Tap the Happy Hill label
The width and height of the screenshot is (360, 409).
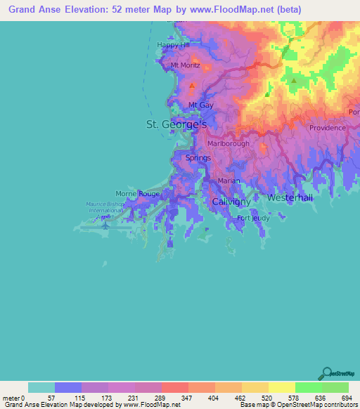[x=174, y=45]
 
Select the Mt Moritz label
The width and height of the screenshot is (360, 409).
[x=186, y=65]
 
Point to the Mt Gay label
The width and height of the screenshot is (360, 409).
[x=201, y=105]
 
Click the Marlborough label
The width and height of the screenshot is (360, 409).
[x=229, y=143]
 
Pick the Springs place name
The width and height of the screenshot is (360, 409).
[x=198, y=158]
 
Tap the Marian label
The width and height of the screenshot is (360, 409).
[x=229, y=181]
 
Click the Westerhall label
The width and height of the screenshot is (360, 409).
[x=290, y=198]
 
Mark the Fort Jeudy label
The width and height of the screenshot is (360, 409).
[x=253, y=219]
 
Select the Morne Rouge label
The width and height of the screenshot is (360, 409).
[x=138, y=193]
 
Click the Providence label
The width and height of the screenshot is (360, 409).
[x=328, y=128]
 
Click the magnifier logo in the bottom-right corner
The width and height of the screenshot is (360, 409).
[x=326, y=372]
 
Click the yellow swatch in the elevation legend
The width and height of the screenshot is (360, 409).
[x=282, y=387]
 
